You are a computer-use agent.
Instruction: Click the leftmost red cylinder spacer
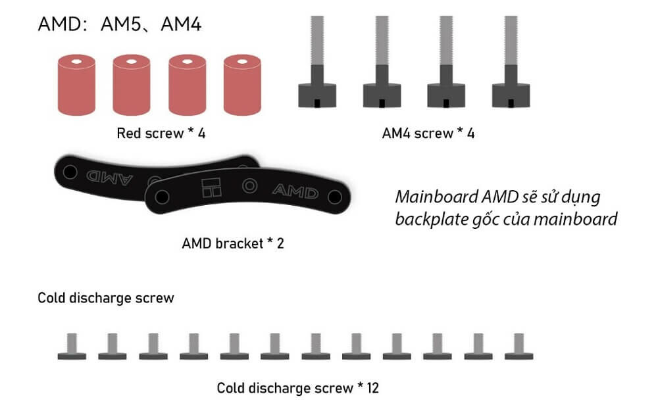point(76,85)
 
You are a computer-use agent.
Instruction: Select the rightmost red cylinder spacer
point(242,85)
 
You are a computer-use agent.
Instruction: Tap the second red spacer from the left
point(132,85)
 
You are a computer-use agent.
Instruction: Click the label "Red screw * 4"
point(161,133)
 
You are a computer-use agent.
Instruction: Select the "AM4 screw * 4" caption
point(428,133)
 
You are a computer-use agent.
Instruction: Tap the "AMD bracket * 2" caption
point(233,243)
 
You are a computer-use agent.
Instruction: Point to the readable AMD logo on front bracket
point(295,191)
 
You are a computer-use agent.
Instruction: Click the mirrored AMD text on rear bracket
point(109,178)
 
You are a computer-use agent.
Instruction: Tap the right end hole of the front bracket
point(335,197)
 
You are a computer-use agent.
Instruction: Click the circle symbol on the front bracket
point(249,185)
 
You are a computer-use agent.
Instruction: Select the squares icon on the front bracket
point(211,187)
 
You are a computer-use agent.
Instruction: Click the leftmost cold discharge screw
point(72,347)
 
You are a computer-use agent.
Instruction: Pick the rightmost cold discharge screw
point(519,347)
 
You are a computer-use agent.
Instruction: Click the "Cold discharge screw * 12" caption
point(298,388)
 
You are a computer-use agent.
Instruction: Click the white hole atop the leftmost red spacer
point(76,62)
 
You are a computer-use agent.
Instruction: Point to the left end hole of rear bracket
point(70,172)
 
